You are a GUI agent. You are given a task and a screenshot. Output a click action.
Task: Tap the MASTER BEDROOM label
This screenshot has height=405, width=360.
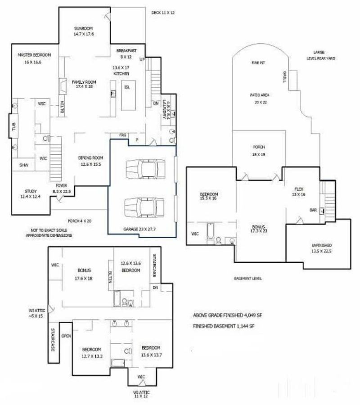(x=35, y=55)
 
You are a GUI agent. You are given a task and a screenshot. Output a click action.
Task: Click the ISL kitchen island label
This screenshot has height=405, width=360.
(x=127, y=86)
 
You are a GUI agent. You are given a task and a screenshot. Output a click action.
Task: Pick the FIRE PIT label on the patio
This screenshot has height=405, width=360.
(x=258, y=63)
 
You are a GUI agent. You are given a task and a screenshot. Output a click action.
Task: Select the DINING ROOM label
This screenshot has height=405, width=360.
(x=91, y=157)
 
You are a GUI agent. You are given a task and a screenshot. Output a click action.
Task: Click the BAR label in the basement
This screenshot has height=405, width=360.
(x=313, y=210)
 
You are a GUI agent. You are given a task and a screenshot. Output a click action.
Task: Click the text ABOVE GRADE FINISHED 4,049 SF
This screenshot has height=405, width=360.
(x=227, y=315)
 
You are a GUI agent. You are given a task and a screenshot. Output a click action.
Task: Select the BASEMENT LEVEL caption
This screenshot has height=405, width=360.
(x=248, y=279)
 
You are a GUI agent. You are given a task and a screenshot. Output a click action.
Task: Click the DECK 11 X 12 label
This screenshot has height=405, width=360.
(x=162, y=13)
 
